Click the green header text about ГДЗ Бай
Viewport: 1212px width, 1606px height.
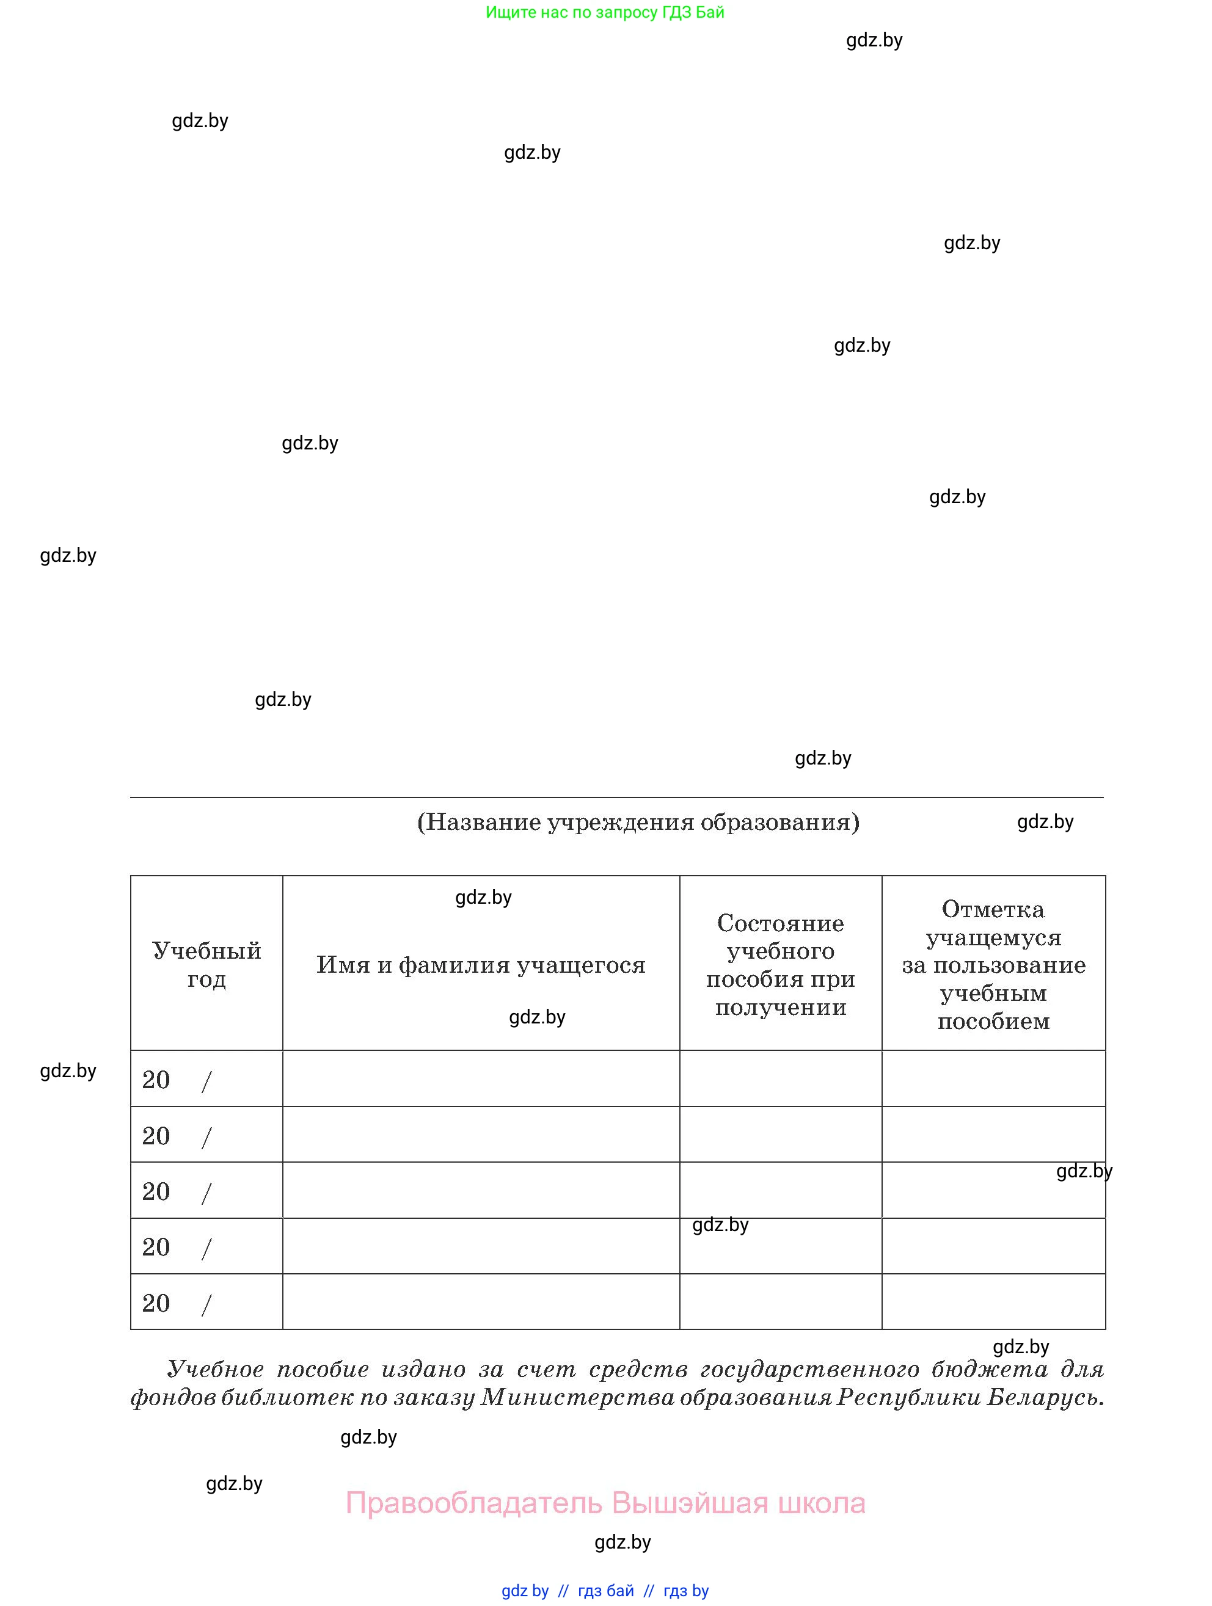[x=605, y=12]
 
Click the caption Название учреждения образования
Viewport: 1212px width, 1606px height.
[x=638, y=822]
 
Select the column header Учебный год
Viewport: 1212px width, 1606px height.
[x=206, y=964]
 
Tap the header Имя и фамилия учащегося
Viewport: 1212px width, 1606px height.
[x=481, y=965]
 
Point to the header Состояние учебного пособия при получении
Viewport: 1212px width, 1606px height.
[x=781, y=965]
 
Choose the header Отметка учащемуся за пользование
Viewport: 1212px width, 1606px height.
[x=993, y=965]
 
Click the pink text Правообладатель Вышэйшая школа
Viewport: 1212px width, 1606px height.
[x=605, y=1502]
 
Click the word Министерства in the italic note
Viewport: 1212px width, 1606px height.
[x=577, y=1398]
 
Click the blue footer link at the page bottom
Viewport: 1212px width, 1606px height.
[x=605, y=1591]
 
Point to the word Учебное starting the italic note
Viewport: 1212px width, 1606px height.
[x=215, y=1369]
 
